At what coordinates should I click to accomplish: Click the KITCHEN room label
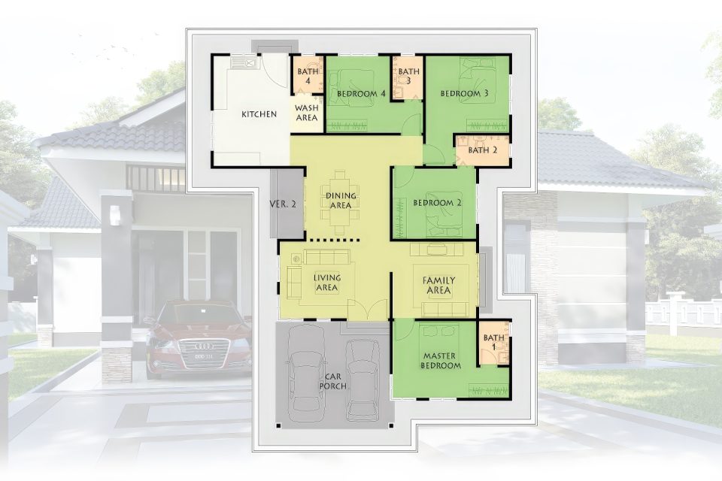(x=259, y=114)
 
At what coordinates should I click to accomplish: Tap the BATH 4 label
(x=308, y=77)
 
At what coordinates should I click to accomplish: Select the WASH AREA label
(x=307, y=113)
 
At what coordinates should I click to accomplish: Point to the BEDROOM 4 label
(x=361, y=94)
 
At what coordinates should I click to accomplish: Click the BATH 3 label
(x=409, y=77)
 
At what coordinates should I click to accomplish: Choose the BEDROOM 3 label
(x=464, y=94)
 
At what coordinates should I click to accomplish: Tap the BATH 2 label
(x=483, y=150)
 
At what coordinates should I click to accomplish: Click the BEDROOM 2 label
(x=437, y=203)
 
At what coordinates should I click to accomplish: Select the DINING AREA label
(x=341, y=201)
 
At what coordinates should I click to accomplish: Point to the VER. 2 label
(x=283, y=204)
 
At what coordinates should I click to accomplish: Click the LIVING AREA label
(x=327, y=283)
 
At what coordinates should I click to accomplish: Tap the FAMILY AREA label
(x=438, y=286)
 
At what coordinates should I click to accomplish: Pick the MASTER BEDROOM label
(x=441, y=361)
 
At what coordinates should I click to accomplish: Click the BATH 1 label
(x=494, y=343)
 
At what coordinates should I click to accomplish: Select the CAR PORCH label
(x=333, y=381)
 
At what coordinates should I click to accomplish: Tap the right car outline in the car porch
(x=362, y=380)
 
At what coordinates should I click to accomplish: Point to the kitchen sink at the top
(x=242, y=62)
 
